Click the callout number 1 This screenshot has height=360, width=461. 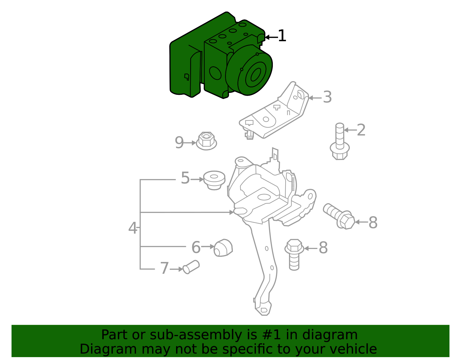(x=282, y=36)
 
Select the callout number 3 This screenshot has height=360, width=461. (x=327, y=97)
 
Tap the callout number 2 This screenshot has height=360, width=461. (x=361, y=130)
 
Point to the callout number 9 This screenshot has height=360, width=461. (x=179, y=142)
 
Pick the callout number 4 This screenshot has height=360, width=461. (x=133, y=228)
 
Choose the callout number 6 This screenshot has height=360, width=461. (x=196, y=247)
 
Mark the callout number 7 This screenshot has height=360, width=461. (x=164, y=268)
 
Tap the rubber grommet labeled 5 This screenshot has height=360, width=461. (x=214, y=180)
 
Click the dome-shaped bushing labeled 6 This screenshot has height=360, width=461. (x=223, y=248)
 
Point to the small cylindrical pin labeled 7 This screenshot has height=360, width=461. (x=191, y=267)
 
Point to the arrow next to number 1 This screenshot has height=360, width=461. (x=271, y=37)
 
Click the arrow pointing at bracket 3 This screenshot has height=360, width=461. (x=315, y=98)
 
